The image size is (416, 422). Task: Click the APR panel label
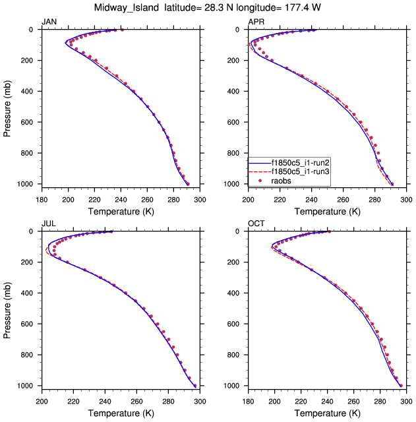(x=256, y=22)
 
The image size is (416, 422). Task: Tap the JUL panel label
(x=48, y=224)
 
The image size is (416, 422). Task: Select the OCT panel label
(x=256, y=224)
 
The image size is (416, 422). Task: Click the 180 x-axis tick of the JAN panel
(x=42, y=200)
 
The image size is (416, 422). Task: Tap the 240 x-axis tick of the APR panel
(x=312, y=200)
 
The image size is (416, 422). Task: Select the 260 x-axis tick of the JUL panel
(x=136, y=402)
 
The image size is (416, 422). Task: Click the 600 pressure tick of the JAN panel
(x=28, y=122)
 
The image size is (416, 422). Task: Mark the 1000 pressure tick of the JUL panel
(x=25, y=386)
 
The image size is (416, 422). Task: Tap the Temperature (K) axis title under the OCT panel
(x=328, y=413)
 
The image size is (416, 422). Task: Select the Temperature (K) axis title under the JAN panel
(x=121, y=212)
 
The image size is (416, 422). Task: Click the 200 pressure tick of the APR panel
(x=234, y=61)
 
